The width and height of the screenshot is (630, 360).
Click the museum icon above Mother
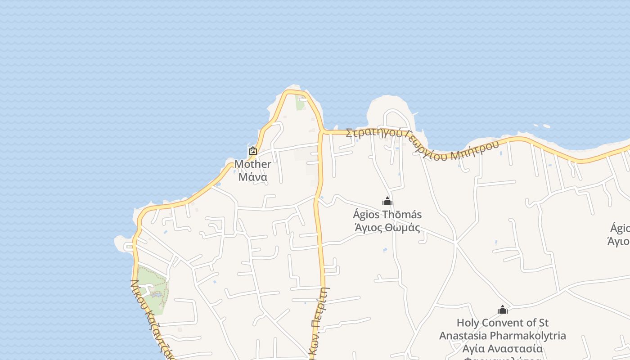click(253, 151)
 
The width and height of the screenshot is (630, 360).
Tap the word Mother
click(253, 164)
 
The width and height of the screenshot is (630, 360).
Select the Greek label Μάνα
click(253, 177)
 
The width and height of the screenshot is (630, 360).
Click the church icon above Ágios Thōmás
click(387, 201)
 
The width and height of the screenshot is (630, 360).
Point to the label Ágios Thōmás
click(387, 215)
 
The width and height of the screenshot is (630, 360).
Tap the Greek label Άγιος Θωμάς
click(387, 228)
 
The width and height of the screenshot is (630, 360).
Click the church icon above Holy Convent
click(503, 310)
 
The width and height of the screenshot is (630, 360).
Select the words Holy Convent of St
click(503, 323)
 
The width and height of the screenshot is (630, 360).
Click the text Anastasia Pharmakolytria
click(503, 336)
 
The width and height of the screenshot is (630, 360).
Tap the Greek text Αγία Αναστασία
click(503, 349)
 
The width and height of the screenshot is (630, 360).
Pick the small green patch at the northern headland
click(300, 102)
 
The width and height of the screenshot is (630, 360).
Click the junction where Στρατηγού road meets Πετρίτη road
click(322, 132)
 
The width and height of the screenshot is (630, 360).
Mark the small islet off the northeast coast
click(547, 126)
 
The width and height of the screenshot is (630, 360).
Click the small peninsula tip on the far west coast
click(120, 242)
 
